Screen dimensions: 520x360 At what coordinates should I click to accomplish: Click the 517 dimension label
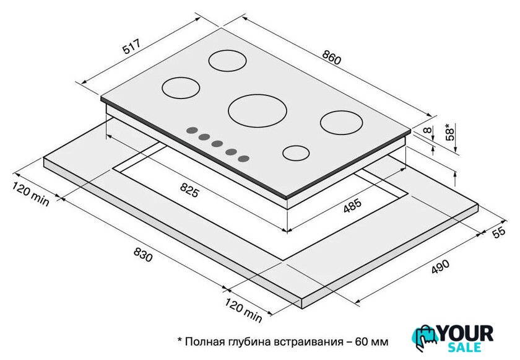[132, 46]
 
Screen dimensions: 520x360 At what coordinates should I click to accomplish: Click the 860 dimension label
[331, 57]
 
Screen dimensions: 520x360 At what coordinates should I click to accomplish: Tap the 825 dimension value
[189, 190]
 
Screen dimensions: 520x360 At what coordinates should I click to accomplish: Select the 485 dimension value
[352, 206]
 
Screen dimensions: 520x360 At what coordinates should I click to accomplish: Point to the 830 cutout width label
[143, 255]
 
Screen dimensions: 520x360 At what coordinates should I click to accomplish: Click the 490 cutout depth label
[440, 266]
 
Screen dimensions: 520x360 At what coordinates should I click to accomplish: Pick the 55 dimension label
[499, 232]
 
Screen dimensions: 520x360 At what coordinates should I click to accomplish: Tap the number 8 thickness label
[429, 130]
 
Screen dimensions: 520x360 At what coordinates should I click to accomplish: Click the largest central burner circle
[258, 111]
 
